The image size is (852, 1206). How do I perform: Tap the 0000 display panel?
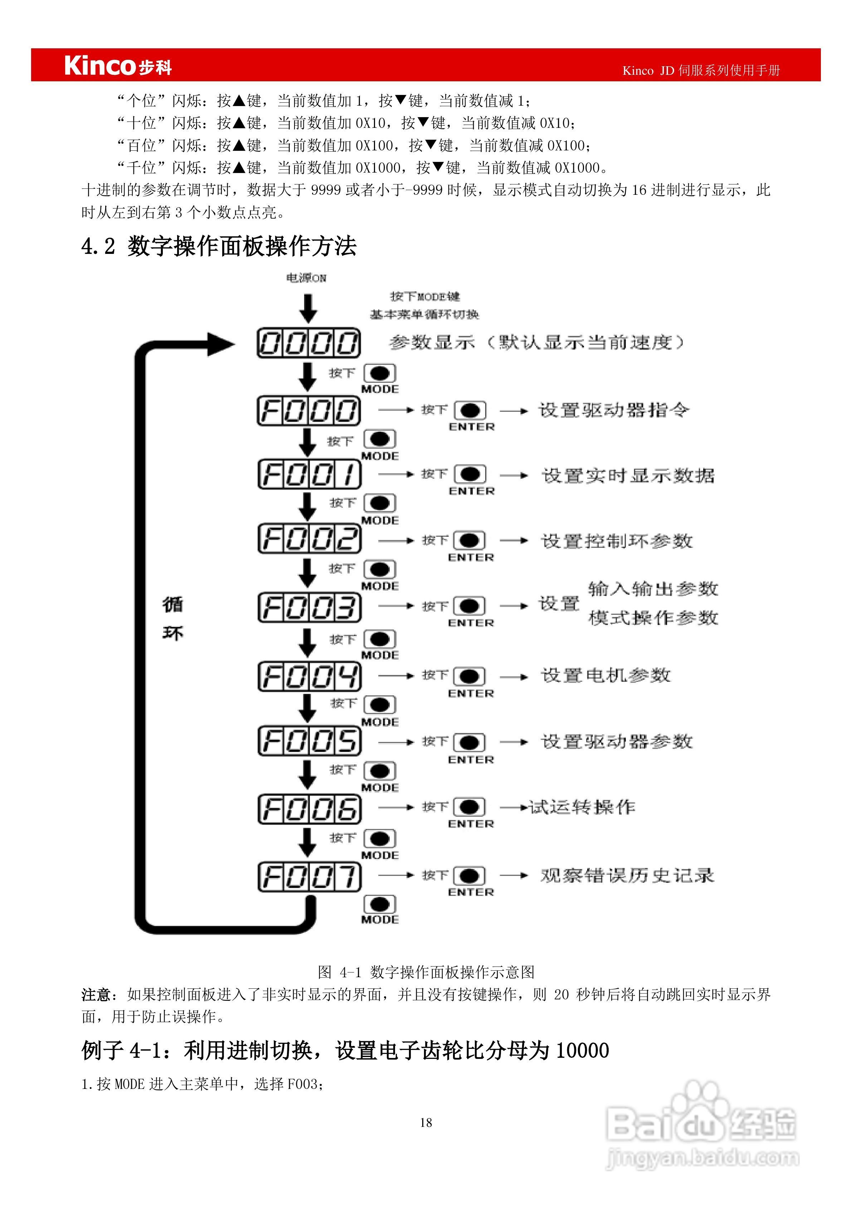pos(309,343)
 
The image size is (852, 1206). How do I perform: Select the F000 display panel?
pos(309,410)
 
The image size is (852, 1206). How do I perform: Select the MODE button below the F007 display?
pos(380,904)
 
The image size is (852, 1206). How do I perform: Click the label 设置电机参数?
pos(606,675)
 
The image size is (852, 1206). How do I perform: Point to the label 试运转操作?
pos(582,807)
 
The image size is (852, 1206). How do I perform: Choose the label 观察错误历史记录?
pos(627,875)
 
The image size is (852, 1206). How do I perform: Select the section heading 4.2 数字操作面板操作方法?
pos(219,246)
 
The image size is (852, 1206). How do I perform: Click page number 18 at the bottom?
pos(426,1123)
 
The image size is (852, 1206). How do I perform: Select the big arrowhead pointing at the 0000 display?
pos(220,344)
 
